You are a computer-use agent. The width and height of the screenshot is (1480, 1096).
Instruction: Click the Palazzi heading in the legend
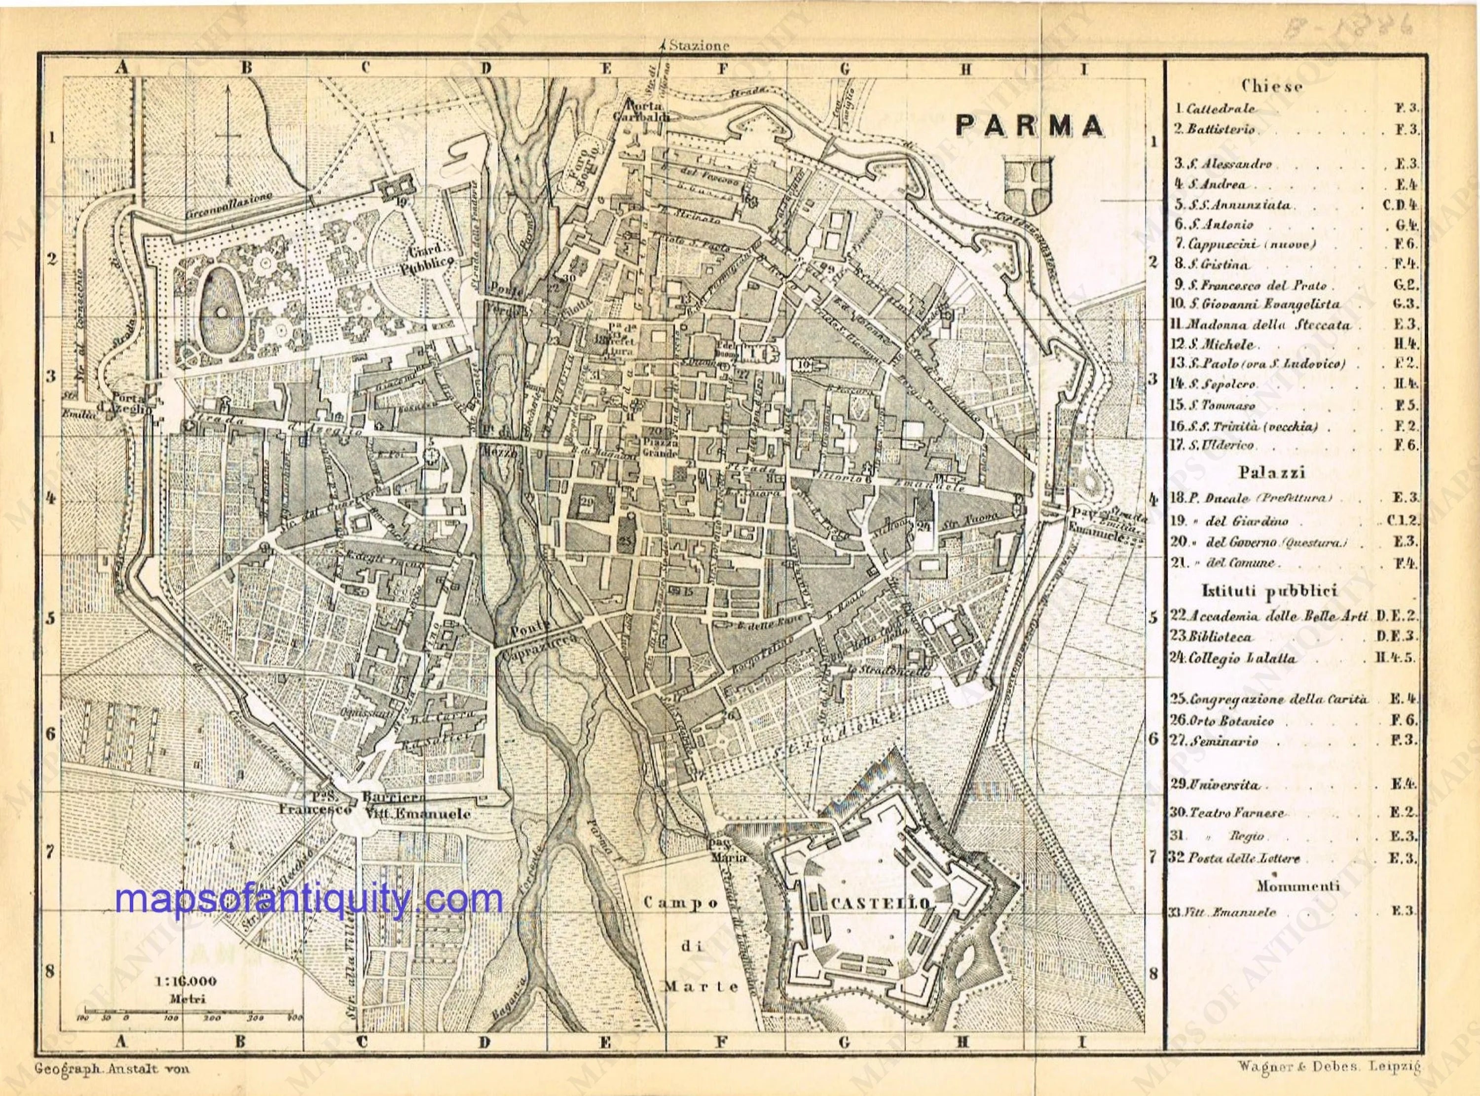coord(1271,473)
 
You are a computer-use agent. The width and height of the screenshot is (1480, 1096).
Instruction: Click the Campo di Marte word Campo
coord(682,904)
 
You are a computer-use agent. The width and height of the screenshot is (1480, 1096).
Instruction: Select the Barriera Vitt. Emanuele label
coord(416,806)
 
